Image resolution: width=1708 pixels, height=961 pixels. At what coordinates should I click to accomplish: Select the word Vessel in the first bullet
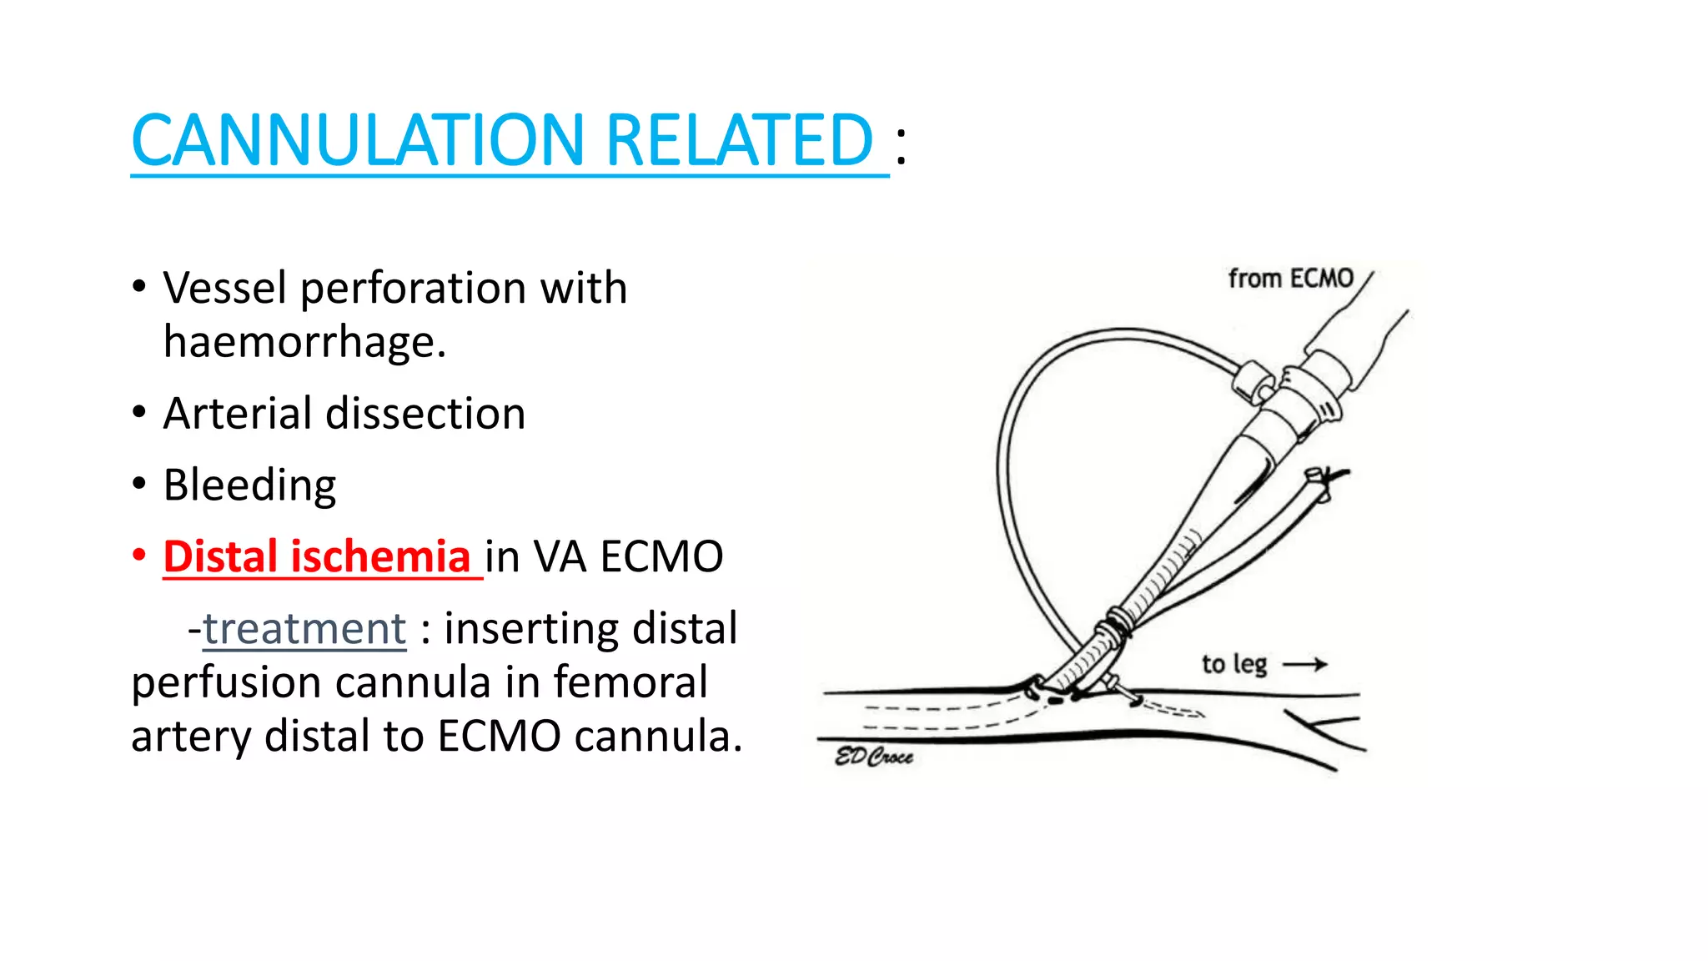(x=224, y=289)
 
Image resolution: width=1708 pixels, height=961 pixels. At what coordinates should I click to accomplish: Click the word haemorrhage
(x=304, y=342)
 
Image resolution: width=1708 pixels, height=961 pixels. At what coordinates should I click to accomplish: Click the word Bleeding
(x=249, y=486)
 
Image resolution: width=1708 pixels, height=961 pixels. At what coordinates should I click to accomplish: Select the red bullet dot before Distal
(x=139, y=555)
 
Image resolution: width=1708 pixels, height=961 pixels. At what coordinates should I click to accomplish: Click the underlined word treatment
(x=304, y=629)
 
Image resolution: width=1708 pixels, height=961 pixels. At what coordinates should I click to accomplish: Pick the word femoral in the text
(x=630, y=682)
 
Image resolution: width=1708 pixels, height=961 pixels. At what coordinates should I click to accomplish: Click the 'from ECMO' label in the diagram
(x=1290, y=279)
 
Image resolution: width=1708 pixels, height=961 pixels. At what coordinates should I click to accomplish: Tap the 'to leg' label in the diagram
(x=1234, y=665)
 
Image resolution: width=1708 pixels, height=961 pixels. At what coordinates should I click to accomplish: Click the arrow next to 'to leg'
(x=1305, y=665)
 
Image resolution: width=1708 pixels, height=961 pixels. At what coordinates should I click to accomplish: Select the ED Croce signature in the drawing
(x=874, y=757)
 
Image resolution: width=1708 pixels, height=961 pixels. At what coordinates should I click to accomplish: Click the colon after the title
(x=901, y=145)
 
